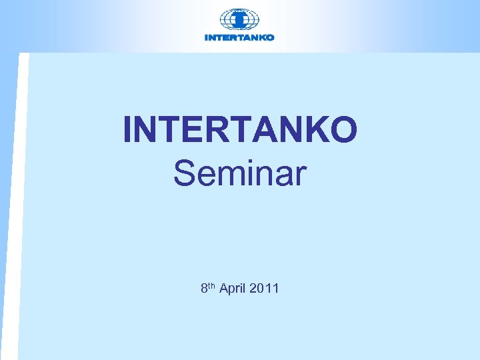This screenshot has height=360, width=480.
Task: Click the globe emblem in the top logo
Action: coord(239,19)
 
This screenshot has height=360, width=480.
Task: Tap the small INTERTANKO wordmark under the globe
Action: coord(239,37)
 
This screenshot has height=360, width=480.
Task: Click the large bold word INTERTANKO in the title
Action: coord(240,130)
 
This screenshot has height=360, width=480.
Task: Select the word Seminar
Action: coord(240,173)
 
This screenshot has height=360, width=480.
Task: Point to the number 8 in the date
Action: coord(204,289)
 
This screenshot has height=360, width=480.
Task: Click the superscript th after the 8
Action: coord(212,285)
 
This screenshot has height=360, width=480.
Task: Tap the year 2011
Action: coord(263,289)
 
